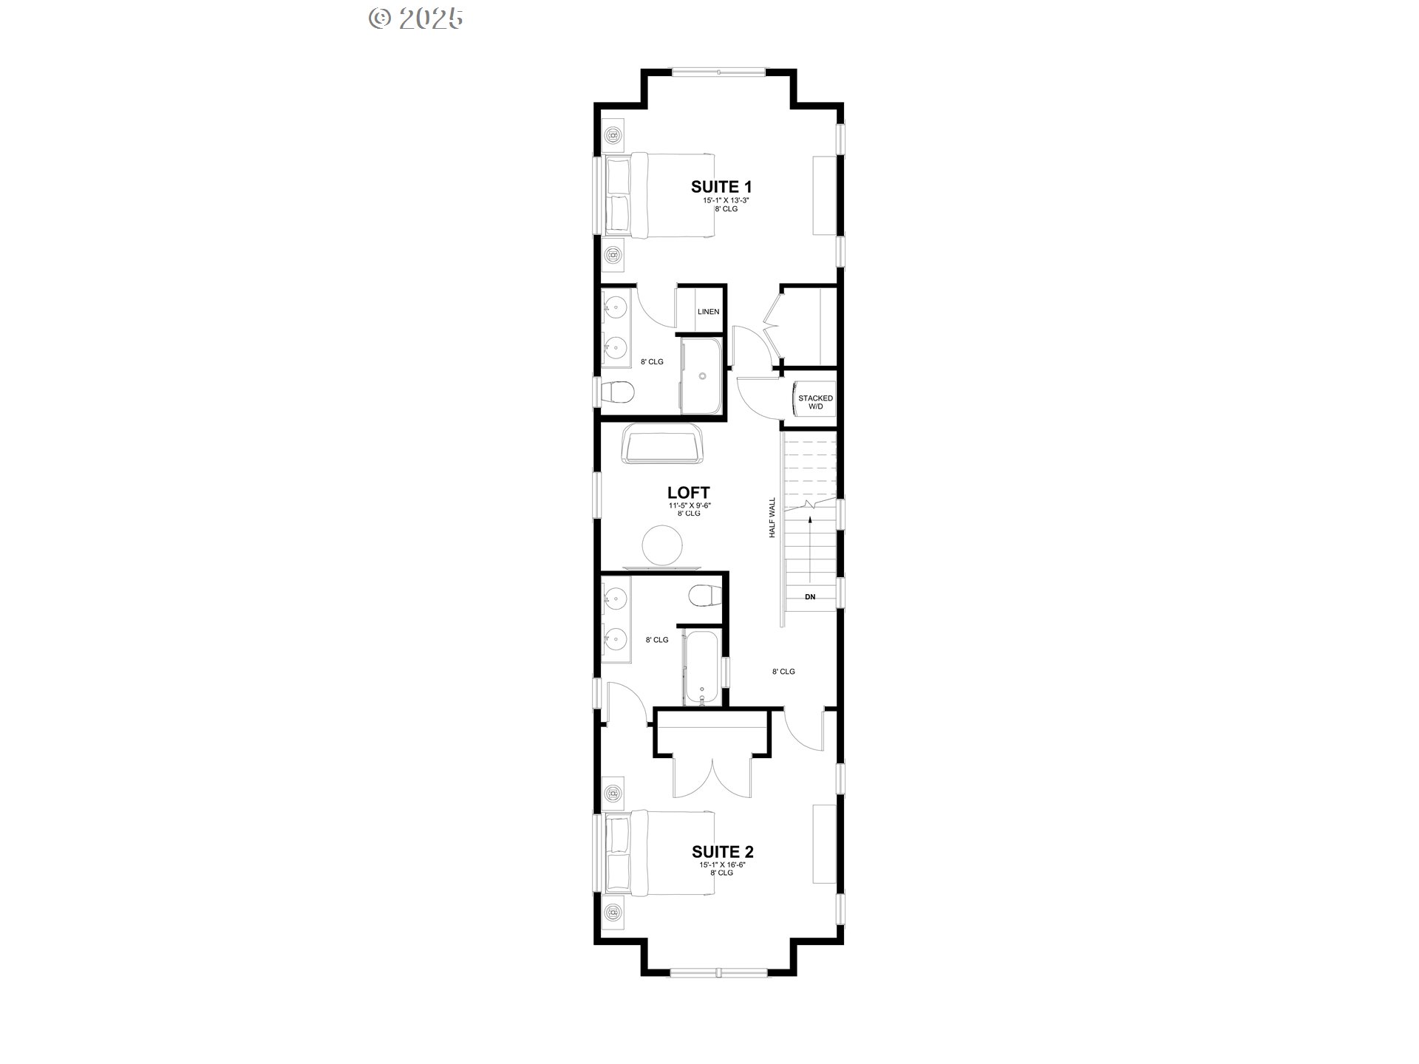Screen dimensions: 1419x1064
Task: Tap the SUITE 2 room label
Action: click(723, 852)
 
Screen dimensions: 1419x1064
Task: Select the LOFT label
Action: click(688, 493)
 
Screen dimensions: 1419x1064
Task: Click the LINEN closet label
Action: click(708, 312)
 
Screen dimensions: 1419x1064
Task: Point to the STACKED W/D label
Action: click(815, 403)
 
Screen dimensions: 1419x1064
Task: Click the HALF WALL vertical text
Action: click(772, 517)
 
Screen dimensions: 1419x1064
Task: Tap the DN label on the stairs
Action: click(810, 597)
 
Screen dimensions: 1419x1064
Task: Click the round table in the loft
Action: click(661, 545)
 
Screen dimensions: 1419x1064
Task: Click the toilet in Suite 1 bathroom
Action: click(617, 392)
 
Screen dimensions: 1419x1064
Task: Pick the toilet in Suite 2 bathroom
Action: click(704, 596)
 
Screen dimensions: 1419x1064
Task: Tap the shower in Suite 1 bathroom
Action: click(703, 377)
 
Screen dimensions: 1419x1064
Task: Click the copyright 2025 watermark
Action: click(416, 18)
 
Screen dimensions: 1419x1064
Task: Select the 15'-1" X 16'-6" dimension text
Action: click(723, 864)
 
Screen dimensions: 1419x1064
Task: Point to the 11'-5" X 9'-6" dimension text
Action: click(688, 505)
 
